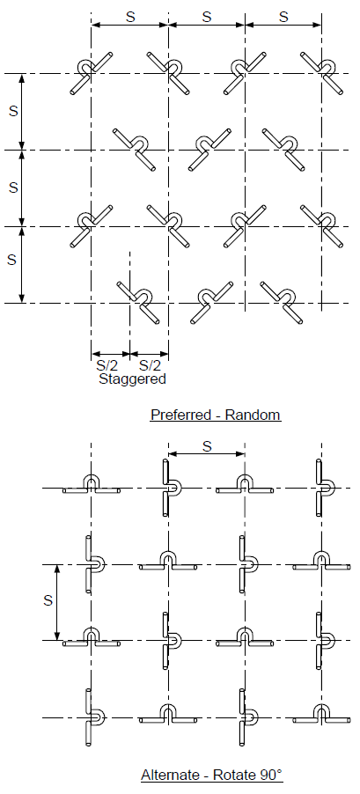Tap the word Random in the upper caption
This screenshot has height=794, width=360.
pyautogui.click(x=253, y=415)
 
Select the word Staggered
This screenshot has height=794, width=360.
pyautogui.click(x=132, y=379)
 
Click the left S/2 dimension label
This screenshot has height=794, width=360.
pyautogui.click(x=107, y=365)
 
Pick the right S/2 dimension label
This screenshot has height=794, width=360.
pyautogui.click(x=150, y=365)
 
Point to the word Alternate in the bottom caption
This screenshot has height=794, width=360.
pyautogui.click(x=170, y=776)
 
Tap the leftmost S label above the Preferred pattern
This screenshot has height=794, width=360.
pyautogui.click(x=130, y=17)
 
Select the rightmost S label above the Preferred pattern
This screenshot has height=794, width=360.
pyautogui.click(x=283, y=17)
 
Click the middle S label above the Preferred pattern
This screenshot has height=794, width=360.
pyautogui.click(x=207, y=17)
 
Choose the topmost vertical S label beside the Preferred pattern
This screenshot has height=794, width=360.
pyautogui.click(x=14, y=111)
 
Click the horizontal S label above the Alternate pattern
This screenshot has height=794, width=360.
pyautogui.click(x=207, y=446)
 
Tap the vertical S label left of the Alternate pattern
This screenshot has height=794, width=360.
pyautogui.click(x=48, y=600)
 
